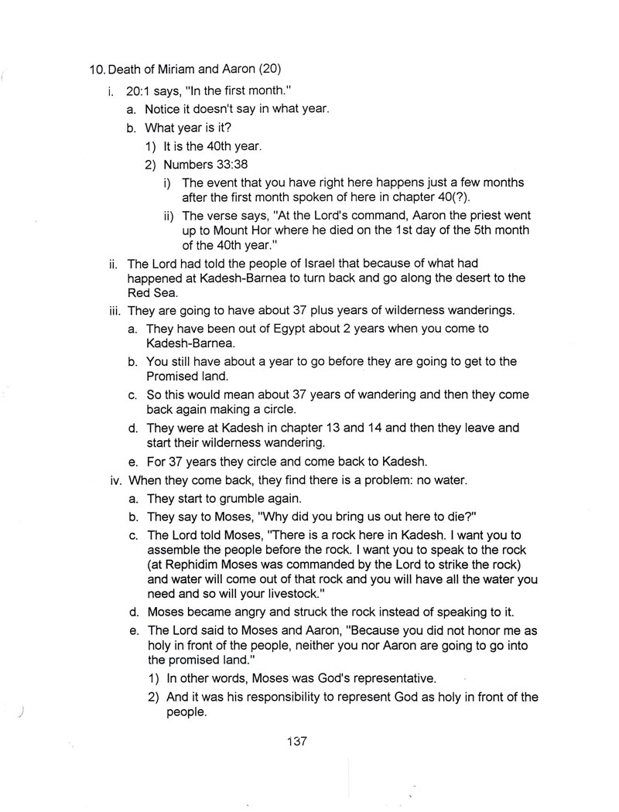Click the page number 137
297,742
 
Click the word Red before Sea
140,294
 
